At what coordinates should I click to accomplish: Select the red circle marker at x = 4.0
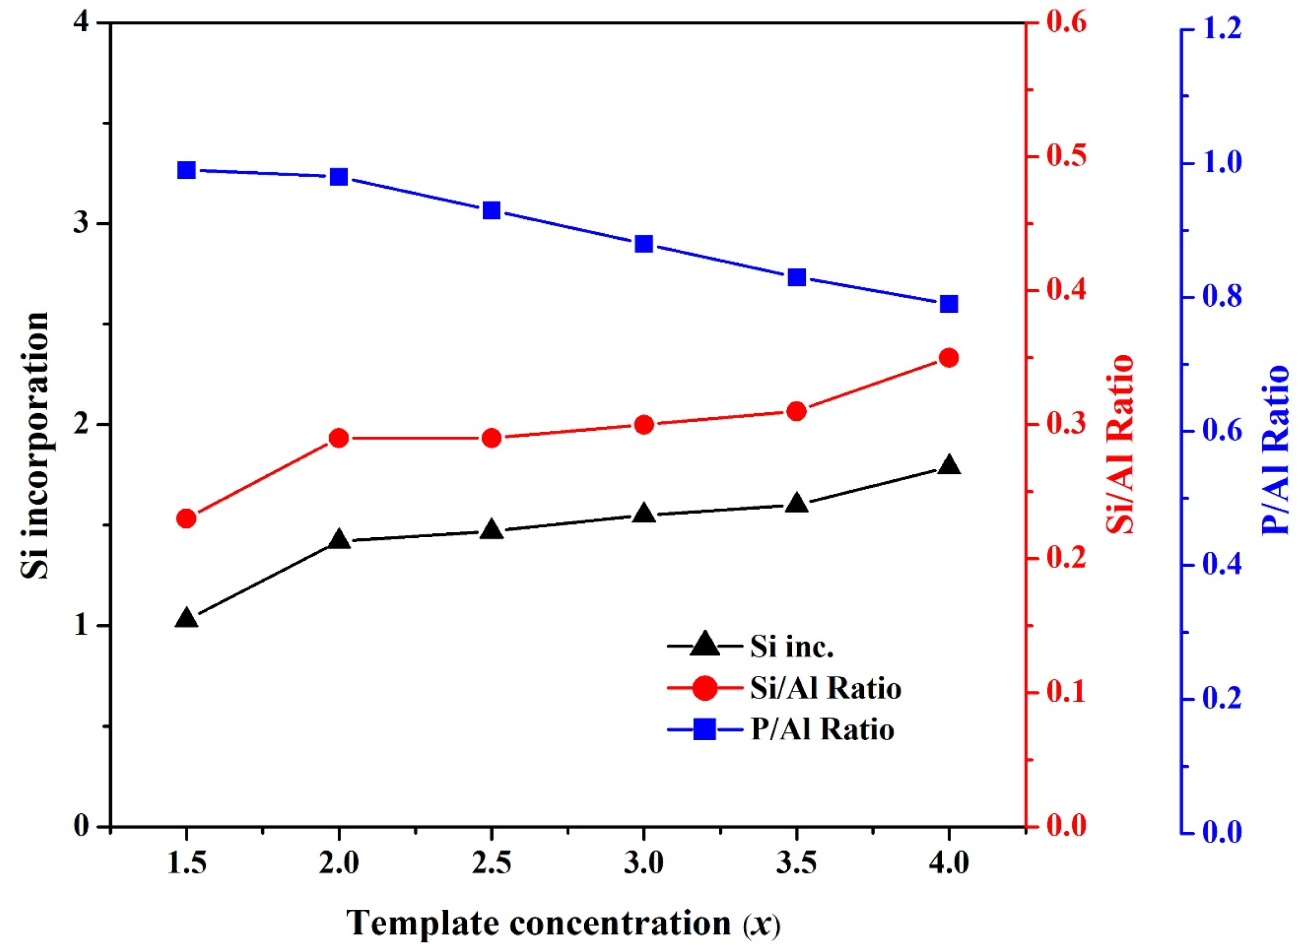(x=949, y=358)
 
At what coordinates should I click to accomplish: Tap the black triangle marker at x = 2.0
(x=339, y=540)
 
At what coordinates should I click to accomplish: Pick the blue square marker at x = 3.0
(x=644, y=244)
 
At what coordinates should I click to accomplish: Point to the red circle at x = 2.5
(x=492, y=438)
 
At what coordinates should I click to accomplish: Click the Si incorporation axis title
(x=36, y=446)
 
